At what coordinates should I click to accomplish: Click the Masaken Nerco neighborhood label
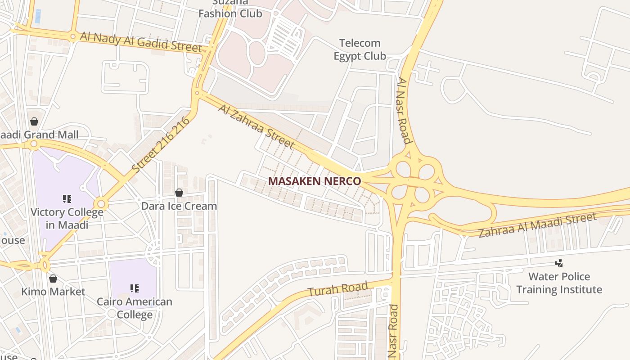click(x=315, y=181)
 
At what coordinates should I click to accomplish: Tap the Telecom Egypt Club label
click(x=360, y=49)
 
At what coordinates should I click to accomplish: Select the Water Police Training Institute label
click(x=559, y=283)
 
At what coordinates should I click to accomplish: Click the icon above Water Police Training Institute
click(x=559, y=263)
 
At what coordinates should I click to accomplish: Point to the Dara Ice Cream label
click(x=179, y=206)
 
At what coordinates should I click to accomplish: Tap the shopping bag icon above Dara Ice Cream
click(x=179, y=193)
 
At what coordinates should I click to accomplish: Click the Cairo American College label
click(x=135, y=308)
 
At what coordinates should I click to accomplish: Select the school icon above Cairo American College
click(x=134, y=288)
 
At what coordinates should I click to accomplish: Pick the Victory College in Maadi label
click(x=67, y=218)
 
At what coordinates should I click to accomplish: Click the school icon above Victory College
click(x=67, y=198)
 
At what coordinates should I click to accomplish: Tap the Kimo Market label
click(x=53, y=292)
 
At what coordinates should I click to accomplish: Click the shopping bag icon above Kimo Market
click(x=53, y=279)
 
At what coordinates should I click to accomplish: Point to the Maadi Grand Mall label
click(x=39, y=135)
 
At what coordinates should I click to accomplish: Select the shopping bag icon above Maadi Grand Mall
click(x=34, y=121)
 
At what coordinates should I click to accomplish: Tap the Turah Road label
click(x=338, y=288)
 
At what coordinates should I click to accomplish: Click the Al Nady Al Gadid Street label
click(x=141, y=41)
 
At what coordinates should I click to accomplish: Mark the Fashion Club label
click(x=230, y=13)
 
